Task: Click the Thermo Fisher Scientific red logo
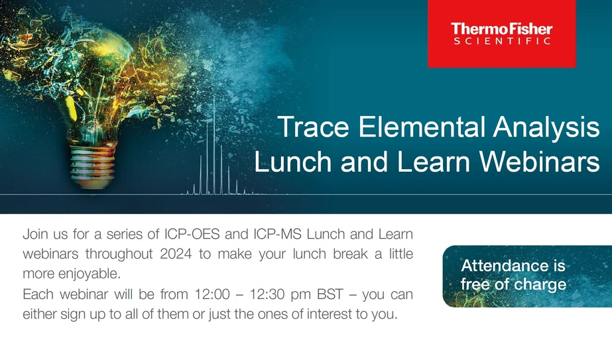[x=501, y=34]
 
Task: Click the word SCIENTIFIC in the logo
[x=501, y=41]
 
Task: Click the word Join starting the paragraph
[x=37, y=234]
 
